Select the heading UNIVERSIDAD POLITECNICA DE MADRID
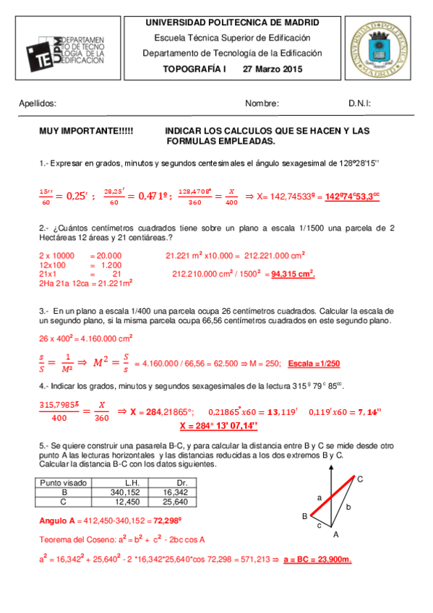point(232,23)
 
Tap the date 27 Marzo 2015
point(273,69)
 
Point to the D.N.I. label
point(359,103)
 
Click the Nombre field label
point(262,103)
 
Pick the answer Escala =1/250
point(314,363)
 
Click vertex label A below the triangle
point(335,535)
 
